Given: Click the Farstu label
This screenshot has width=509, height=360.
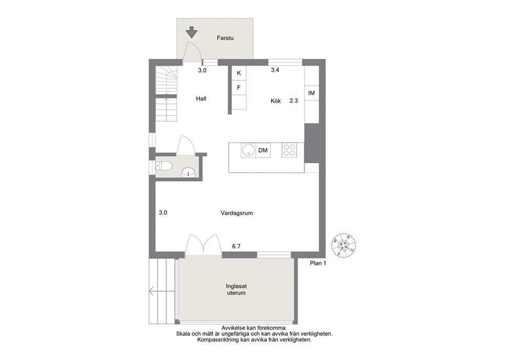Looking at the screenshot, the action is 225,38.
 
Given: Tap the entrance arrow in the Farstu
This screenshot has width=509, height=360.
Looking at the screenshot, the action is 191,32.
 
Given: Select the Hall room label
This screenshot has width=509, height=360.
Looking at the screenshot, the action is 201,99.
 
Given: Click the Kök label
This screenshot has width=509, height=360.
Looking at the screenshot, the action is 276,101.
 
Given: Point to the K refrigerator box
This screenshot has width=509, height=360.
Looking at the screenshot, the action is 239,73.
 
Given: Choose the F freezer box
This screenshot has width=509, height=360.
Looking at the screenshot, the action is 239,88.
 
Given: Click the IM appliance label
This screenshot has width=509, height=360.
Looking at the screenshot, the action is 311,93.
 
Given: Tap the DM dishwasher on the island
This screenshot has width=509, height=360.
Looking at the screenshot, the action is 263,150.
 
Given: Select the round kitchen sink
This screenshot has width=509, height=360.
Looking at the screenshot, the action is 248,150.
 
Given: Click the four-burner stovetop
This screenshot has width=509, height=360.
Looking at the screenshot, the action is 289,150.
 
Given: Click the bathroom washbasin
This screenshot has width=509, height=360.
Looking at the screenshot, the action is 188,172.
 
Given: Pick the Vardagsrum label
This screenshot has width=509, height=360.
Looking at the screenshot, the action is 237,213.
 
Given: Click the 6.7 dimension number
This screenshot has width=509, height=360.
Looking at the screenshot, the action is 237,247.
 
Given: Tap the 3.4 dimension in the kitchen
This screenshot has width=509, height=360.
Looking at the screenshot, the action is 275,70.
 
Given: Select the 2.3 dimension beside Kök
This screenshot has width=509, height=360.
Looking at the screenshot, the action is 293,101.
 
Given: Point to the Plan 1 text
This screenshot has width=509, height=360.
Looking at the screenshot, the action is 318,263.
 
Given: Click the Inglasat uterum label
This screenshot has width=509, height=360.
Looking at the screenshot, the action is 237,290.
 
